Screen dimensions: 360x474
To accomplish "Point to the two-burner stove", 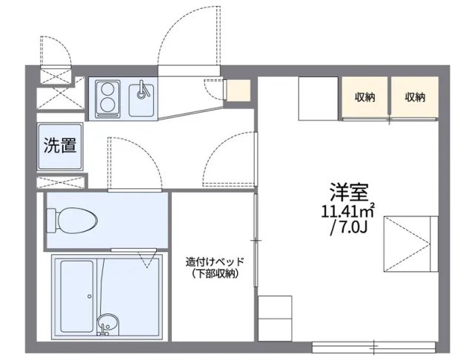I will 108,99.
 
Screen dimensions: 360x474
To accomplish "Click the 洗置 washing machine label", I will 59,145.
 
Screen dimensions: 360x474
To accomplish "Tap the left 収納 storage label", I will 365,96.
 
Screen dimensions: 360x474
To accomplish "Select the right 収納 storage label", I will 415,96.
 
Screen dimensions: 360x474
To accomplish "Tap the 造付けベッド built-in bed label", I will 214,261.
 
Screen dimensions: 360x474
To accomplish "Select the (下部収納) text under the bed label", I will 214,274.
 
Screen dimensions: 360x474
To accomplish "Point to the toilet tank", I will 52,220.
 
